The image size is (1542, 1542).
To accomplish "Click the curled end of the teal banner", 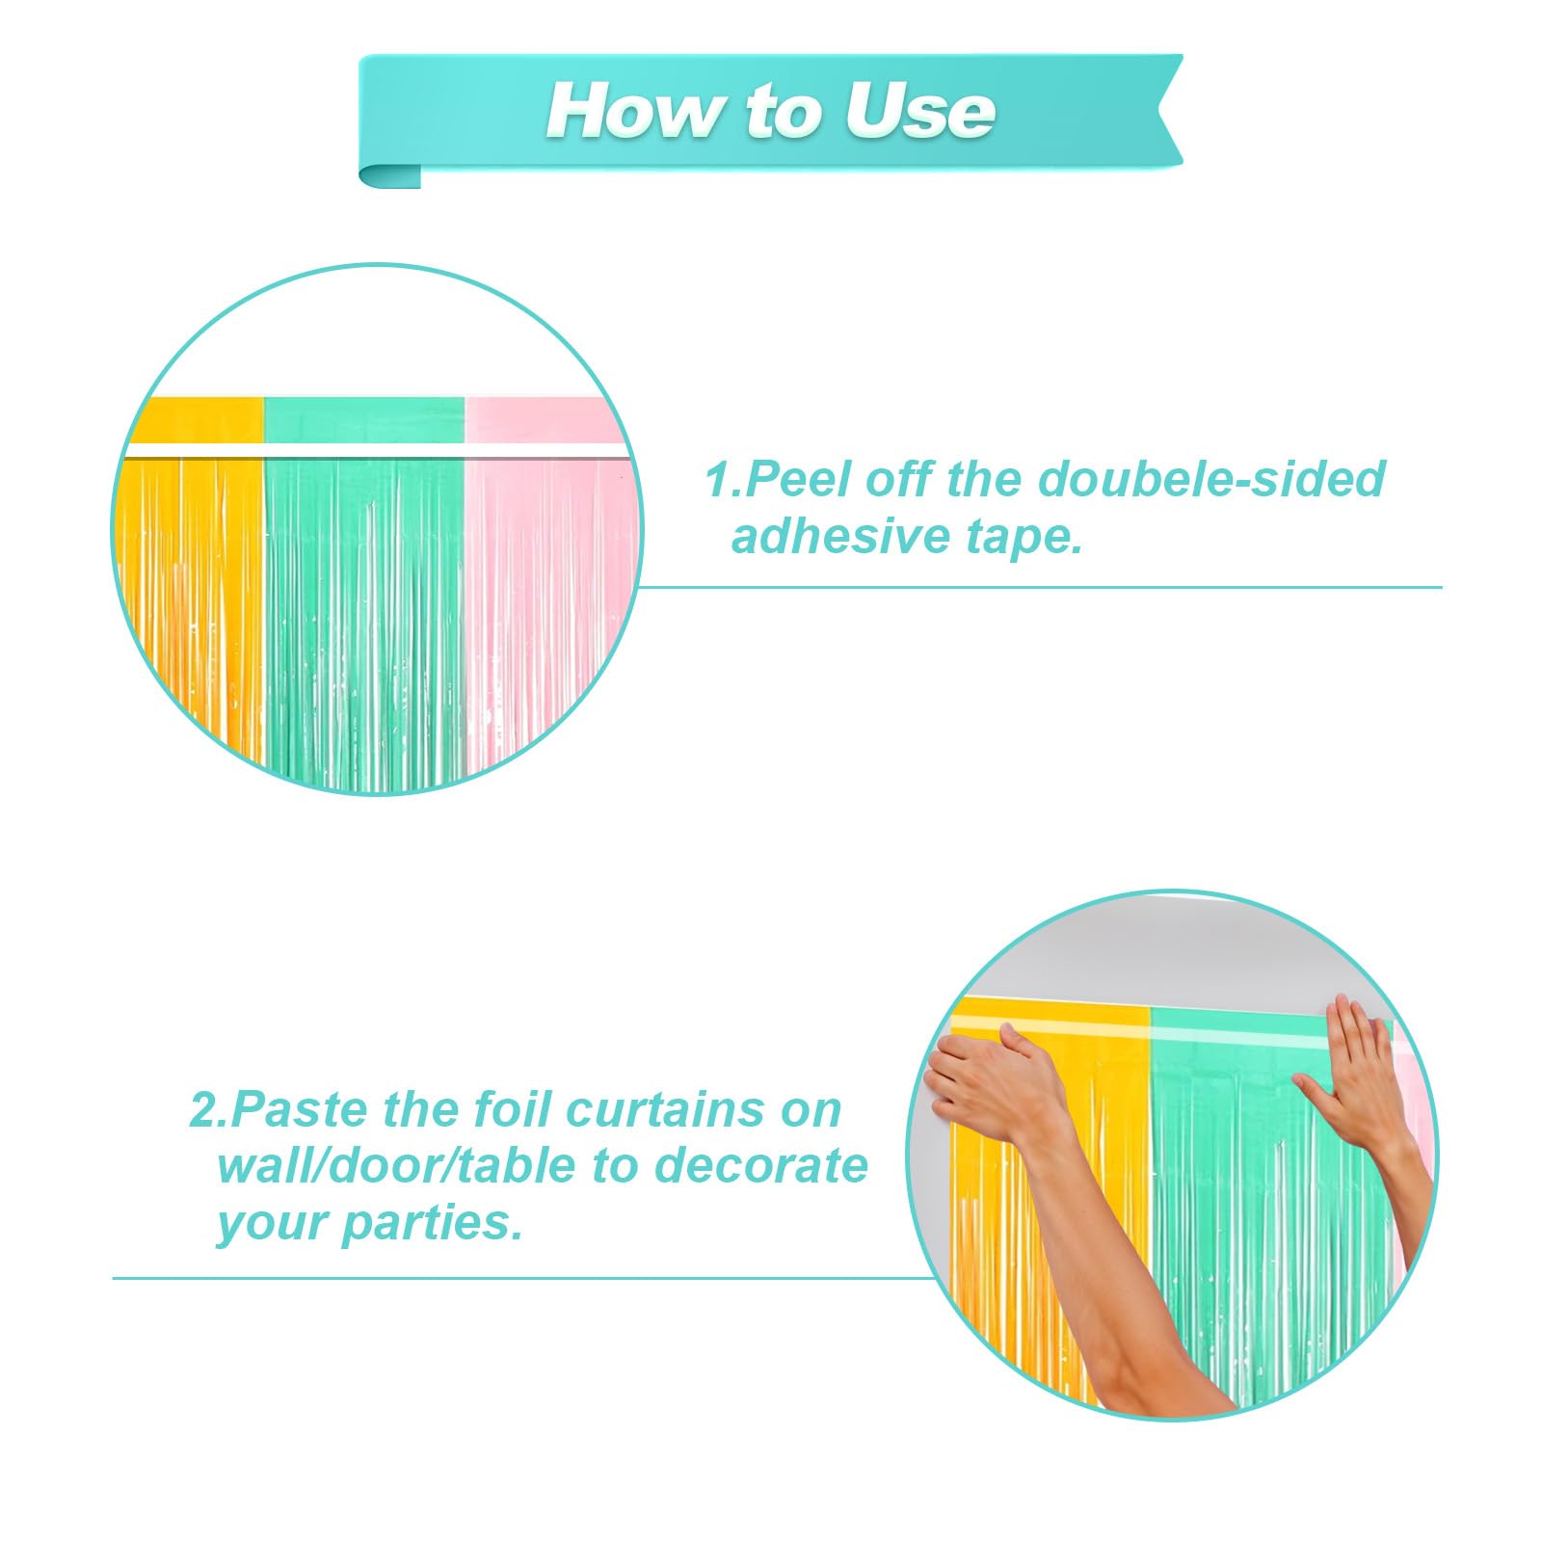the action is click(389, 175).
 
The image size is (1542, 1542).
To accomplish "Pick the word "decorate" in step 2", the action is click(760, 1166).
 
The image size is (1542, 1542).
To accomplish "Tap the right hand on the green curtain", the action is click(1354, 1070).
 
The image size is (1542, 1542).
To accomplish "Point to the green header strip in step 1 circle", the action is click(364, 420).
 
